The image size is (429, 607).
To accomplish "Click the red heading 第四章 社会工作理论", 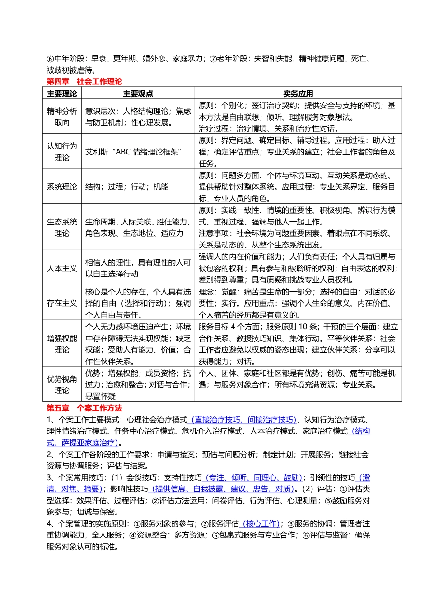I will coord(84,82).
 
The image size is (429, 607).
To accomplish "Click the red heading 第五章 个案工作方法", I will coord(84,408).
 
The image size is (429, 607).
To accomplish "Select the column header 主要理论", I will coord(62,93).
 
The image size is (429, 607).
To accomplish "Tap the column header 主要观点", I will coord(138,93).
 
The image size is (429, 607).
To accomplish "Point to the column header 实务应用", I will coord(298,93).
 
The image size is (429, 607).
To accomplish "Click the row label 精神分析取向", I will coord(62,117).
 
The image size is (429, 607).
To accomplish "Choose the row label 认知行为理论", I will coord(62,152).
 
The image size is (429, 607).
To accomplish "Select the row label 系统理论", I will coord(62,187).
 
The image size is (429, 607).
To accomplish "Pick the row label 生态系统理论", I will coord(62,228).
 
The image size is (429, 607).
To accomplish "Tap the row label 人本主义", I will coord(62,268).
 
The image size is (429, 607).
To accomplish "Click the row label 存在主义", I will coord(62,303).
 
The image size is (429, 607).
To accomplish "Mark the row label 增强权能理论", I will coord(62,344).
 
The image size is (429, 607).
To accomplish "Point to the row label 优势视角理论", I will coord(62,385).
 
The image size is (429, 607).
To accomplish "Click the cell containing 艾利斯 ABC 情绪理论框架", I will coord(133,152).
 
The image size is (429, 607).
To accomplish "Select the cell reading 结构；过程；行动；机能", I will coord(127,187).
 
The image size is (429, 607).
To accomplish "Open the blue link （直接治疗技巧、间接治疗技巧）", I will coord(242,420).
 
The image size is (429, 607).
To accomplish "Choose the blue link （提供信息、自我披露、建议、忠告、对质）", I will coord(222,489).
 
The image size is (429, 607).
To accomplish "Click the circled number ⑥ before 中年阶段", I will coord(50,59).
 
